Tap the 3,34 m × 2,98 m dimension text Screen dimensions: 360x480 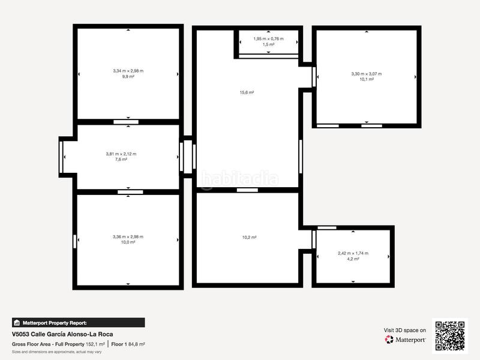(x=128, y=71)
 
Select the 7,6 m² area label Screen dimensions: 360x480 (x=121, y=160)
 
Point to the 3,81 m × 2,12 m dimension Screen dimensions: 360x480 (x=121, y=154)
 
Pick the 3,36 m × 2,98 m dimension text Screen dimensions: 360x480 (x=128, y=236)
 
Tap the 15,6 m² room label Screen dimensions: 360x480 (x=247, y=92)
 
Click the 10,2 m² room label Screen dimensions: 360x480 (x=249, y=238)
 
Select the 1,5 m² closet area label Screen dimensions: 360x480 (x=268, y=44)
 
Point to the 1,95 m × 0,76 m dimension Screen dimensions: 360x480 (x=268, y=39)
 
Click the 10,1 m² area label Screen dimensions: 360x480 (x=366, y=79)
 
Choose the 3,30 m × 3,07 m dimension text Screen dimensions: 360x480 (x=366, y=74)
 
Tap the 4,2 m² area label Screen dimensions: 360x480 (x=353, y=259)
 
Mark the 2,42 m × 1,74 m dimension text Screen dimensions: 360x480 (x=353, y=254)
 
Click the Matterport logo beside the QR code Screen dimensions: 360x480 (x=406, y=340)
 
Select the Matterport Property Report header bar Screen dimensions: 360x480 (x=78, y=322)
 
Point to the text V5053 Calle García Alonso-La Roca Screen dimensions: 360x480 (x=62, y=334)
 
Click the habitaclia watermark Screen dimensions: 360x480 (x=239, y=178)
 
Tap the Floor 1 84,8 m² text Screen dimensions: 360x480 (x=128, y=344)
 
